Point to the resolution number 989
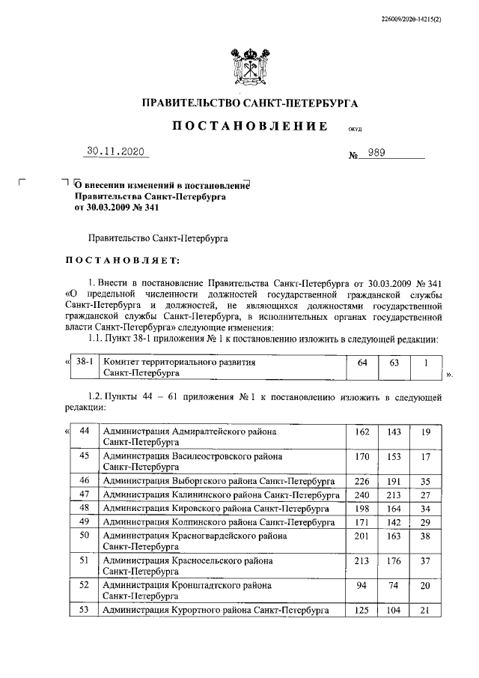coord(376,154)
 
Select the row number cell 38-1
coord(84,362)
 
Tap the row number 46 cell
coord(84,480)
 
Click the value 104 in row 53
coord(394,611)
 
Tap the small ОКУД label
coord(356,129)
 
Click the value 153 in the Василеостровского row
coord(394,456)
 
